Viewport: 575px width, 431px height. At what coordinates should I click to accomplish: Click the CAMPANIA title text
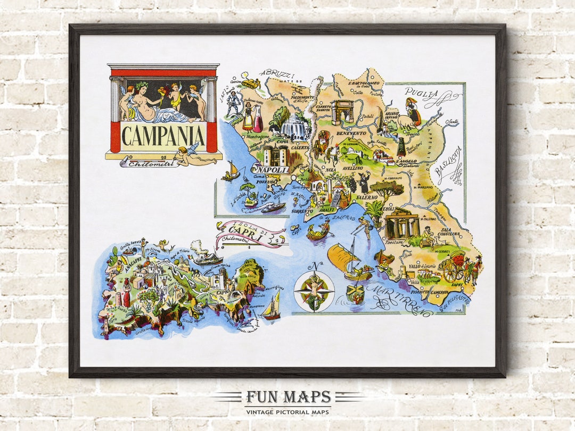pos(163,136)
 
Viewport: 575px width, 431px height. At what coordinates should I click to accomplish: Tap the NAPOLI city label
pos(276,170)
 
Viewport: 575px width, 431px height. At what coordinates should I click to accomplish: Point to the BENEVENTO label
pos(350,133)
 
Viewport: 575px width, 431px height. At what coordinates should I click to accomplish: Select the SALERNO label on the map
pos(365,197)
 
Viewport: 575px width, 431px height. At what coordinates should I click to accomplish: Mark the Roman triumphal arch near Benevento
pos(342,112)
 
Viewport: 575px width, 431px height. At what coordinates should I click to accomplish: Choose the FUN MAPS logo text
pos(287,397)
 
